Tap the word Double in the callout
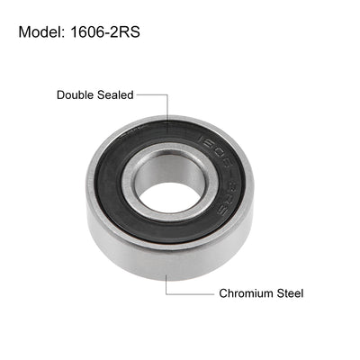(x=74, y=94)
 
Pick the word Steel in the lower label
(x=288, y=293)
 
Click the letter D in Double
(x=60, y=94)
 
